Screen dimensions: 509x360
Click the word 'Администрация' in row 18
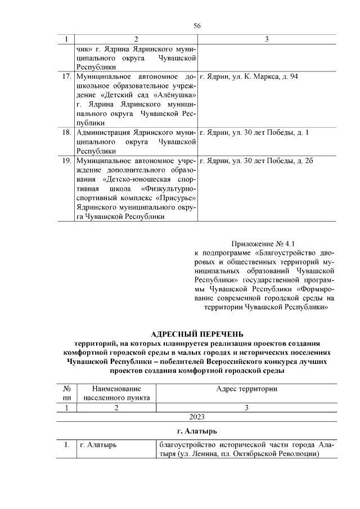click(x=102, y=133)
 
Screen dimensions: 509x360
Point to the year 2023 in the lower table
click(x=197, y=417)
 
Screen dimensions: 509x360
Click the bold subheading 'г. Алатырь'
click(x=197, y=431)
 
